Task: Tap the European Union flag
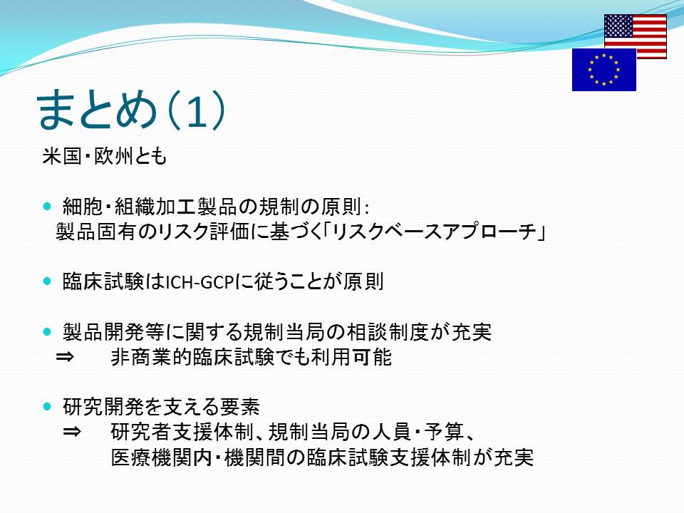(603, 70)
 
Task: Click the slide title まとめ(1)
(131, 110)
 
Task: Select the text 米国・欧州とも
(104, 156)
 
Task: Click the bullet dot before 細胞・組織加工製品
(47, 206)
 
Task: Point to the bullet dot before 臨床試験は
(47, 281)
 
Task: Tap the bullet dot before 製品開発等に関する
(47, 332)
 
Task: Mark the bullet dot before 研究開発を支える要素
(47, 407)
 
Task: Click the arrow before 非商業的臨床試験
(65, 357)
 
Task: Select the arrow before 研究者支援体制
(72, 432)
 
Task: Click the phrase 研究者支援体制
(182, 432)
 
